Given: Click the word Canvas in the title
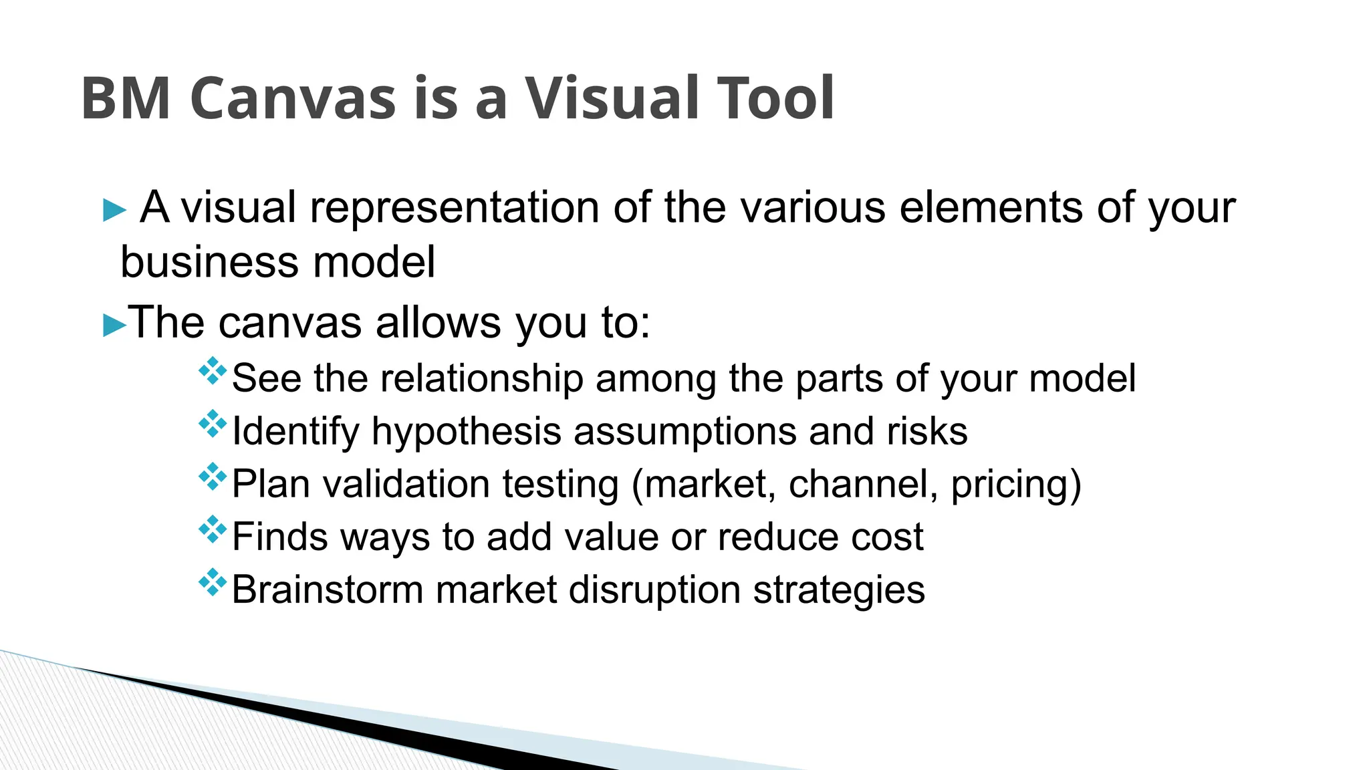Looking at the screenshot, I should [293, 98].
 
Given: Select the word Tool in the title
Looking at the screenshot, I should [775, 98].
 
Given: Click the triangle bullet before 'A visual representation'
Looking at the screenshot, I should [114, 211].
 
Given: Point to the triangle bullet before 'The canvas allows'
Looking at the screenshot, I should [114, 326].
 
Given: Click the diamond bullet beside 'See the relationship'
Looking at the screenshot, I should [213, 371].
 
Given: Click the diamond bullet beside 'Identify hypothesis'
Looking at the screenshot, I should [213, 424].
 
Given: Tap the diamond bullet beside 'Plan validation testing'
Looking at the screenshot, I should [213, 477].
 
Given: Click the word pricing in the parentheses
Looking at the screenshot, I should [1009, 484].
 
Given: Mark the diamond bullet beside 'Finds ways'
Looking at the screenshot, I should [213, 529].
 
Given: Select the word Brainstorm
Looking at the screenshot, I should [328, 590].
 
